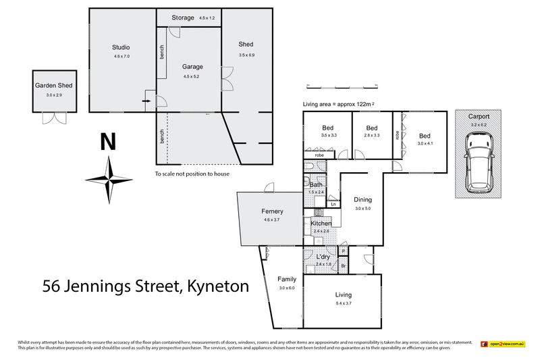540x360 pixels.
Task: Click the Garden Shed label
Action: click(x=53, y=86)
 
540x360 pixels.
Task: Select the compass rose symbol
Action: click(x=107, y=179)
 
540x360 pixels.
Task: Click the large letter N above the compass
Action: click(x=107, y=143)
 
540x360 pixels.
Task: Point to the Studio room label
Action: click(x=121, y=47)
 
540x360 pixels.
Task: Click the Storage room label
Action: click(x=182, y=18)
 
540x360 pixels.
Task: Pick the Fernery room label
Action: click(x=272, y=211)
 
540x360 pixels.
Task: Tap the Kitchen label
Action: click(x=321, y=224)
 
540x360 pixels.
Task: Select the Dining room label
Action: click(x=363, y=200)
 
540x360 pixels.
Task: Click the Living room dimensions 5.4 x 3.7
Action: click(x=342, y=303)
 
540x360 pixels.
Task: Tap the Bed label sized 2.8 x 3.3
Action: click(x=372, y=128)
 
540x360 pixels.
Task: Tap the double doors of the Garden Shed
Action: click(x=53, y=118)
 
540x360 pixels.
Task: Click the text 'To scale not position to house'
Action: click(x=192, y=174)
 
